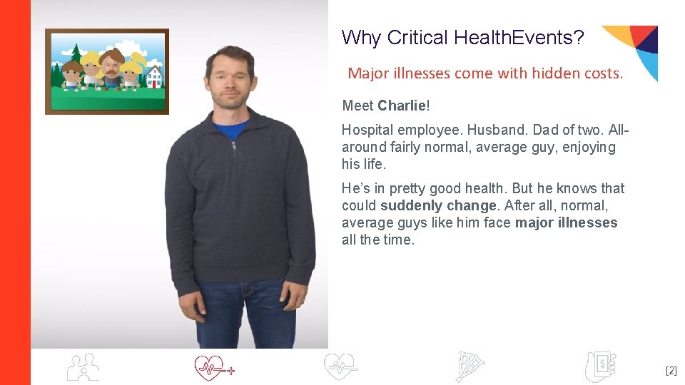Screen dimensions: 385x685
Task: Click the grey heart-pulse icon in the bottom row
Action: click(x=340, y=366)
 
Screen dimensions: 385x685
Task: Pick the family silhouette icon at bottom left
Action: click(x=83, y=366)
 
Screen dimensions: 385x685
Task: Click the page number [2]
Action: click(x=671, y=371)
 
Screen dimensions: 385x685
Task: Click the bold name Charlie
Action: click(x=401, y=106)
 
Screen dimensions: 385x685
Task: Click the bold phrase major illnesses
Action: click(x=566, y=222)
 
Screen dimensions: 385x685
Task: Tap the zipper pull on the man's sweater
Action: click(x=233, y=148)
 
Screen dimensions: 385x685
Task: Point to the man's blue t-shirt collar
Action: click(x=230, y=128)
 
